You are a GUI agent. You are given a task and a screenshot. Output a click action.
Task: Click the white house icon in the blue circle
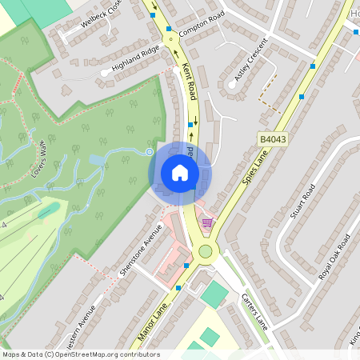pos(180,172)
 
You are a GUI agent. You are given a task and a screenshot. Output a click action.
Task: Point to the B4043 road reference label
pos(273,138)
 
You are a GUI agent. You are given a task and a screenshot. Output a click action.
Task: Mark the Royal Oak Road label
pos(334,257)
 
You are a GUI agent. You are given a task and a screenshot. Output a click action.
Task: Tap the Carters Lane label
pos(255,310)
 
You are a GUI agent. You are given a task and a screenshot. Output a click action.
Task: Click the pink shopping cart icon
pos(208,222)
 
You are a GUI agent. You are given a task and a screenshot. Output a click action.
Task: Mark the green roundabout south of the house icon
pos(206,252)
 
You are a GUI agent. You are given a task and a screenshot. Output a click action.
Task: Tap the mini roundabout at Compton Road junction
pos(169,38)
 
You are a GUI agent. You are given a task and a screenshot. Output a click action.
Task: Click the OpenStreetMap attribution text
pos(81,354)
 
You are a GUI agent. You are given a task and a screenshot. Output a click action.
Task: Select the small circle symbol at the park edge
pos(149,151)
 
